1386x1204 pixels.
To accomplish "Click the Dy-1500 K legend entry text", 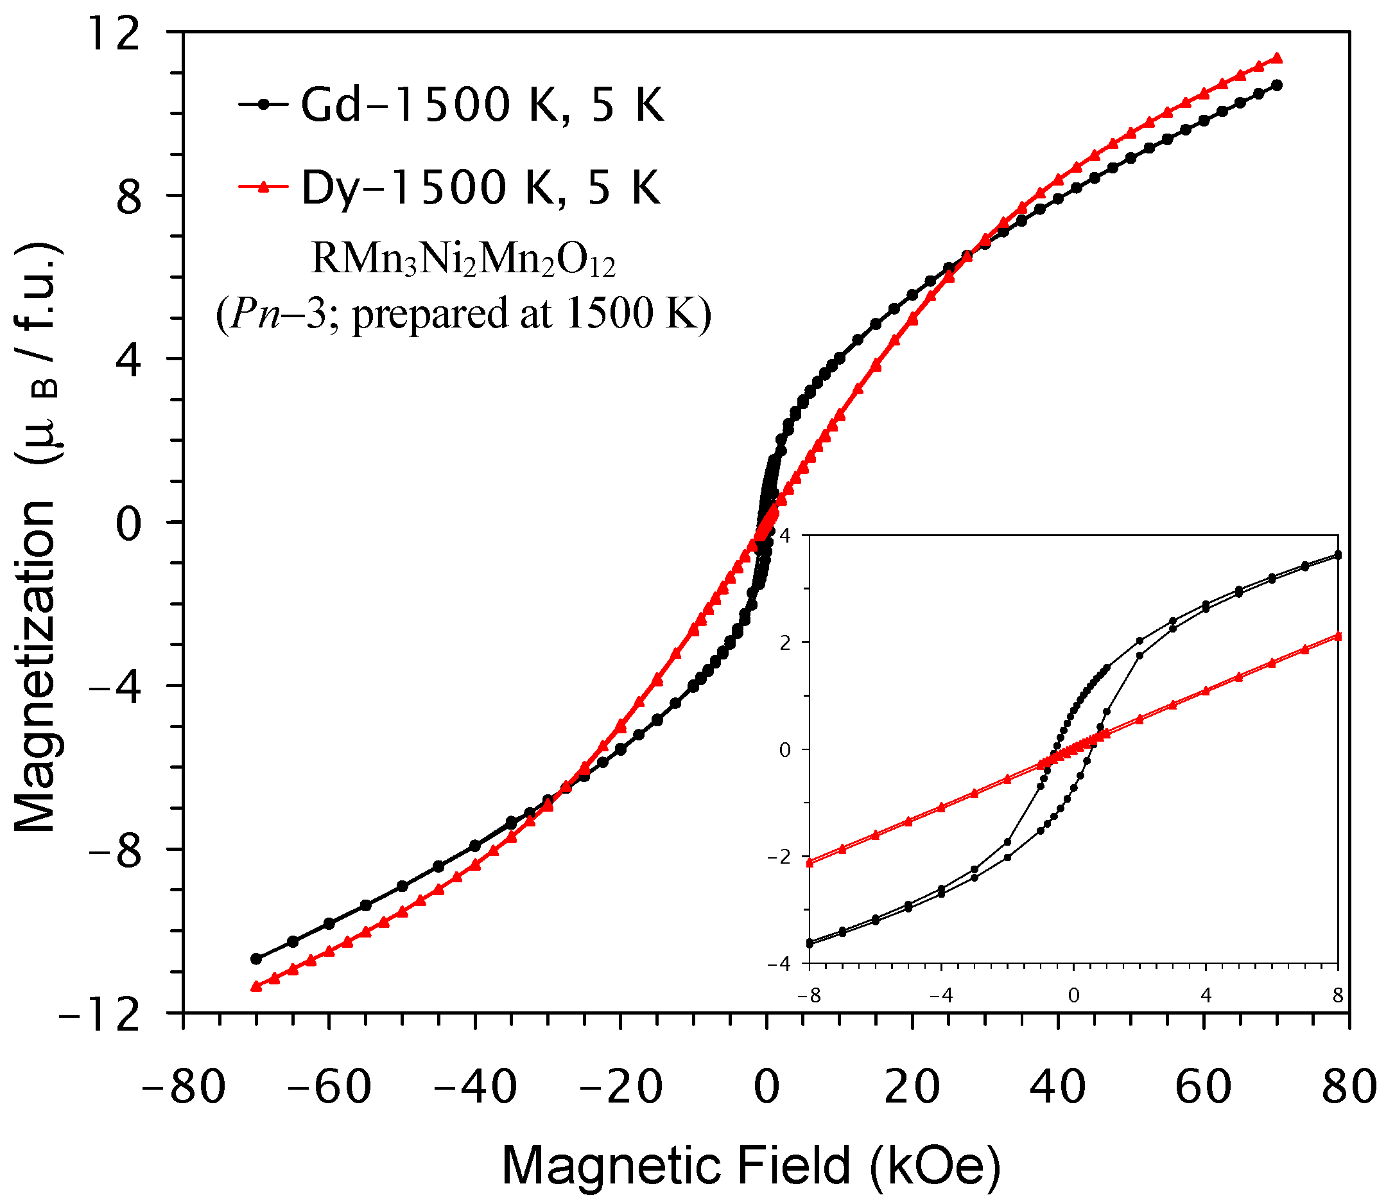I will click(x=481, y=188).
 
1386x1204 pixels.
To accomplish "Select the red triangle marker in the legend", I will click(x=264, y=188).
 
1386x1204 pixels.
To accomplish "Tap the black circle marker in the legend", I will click(x=264, y=105).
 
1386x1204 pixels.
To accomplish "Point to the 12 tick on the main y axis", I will click(x=114, y=33).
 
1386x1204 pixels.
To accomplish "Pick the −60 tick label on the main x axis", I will click(x=329, y=1087).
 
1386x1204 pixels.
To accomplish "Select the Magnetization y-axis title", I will click(x=37, y=537).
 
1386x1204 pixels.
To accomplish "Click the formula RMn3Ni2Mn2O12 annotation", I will click(x=463, y=259).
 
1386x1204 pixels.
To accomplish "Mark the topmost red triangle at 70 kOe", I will click(x=1278, y=58).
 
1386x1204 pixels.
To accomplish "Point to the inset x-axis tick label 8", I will click(x=1338, y=997).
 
